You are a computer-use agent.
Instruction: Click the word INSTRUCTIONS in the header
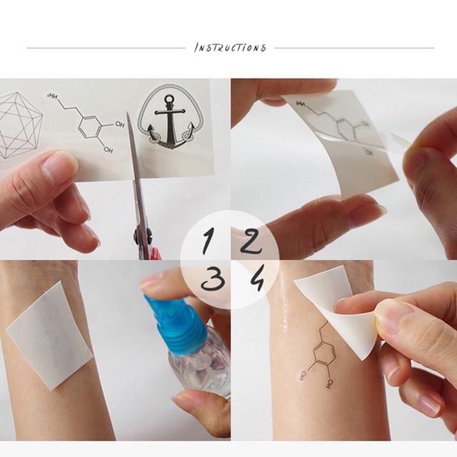(x=230, y=48)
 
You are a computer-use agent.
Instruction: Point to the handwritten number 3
(x=209, y=281)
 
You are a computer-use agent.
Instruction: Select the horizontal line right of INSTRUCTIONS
(x=353, y=49)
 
